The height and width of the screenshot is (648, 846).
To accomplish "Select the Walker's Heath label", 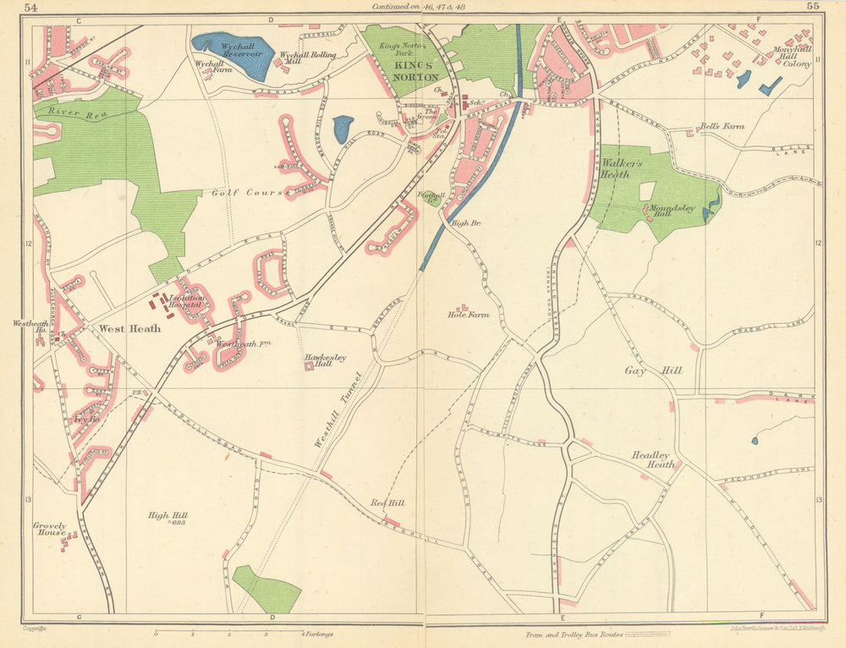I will (x=623, y=167).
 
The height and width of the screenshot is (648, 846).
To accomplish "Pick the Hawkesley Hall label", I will (x=325, y=360).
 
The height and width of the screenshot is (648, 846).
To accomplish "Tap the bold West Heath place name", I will (x=124, y=328).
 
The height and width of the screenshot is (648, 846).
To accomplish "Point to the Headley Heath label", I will (x=653, y=459).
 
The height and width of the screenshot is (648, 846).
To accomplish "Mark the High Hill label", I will (x=168, y=516).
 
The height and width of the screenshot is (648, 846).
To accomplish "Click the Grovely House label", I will (x=50, y=530).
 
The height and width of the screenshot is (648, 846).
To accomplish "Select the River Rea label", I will (x=65, y=112).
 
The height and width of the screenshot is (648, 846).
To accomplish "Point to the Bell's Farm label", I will (x=722, y=127).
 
